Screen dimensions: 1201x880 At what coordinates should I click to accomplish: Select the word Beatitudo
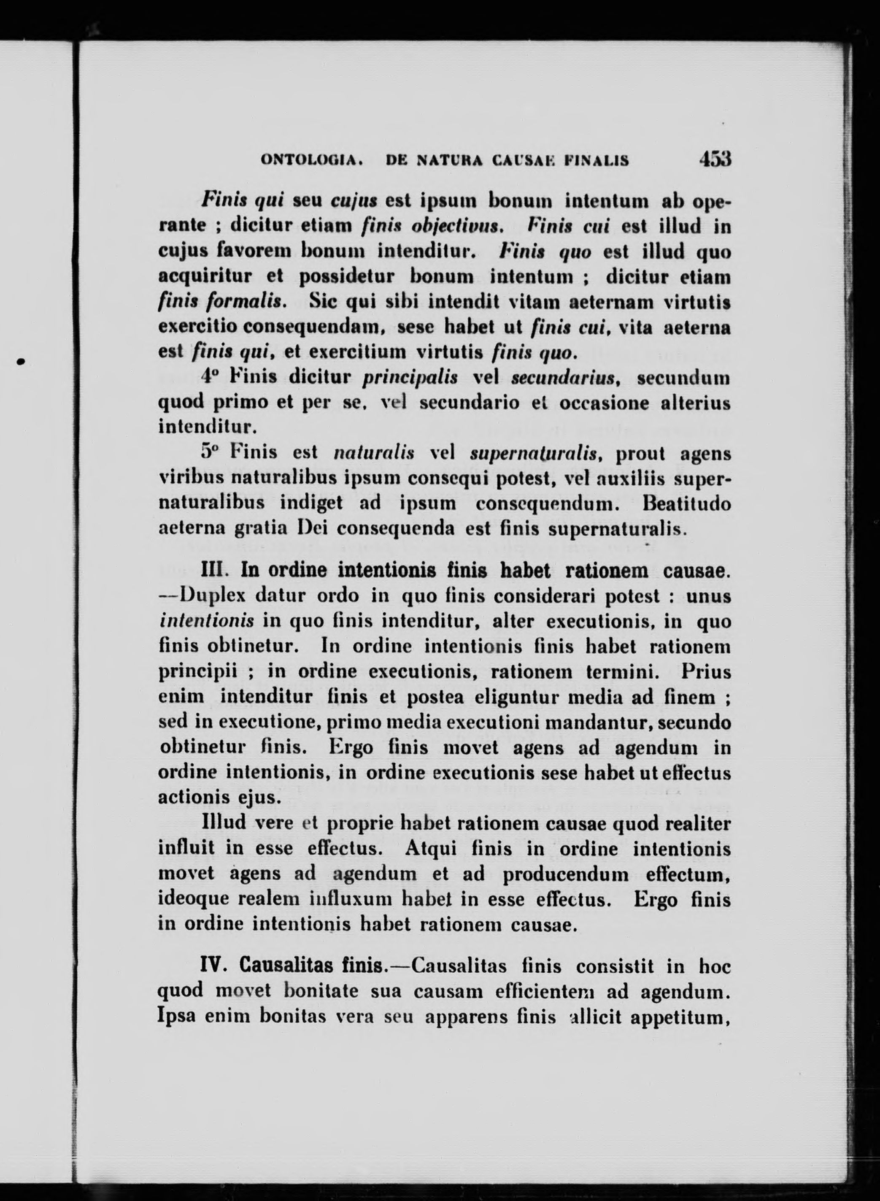686,503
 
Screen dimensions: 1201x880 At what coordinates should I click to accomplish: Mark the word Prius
705,672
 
